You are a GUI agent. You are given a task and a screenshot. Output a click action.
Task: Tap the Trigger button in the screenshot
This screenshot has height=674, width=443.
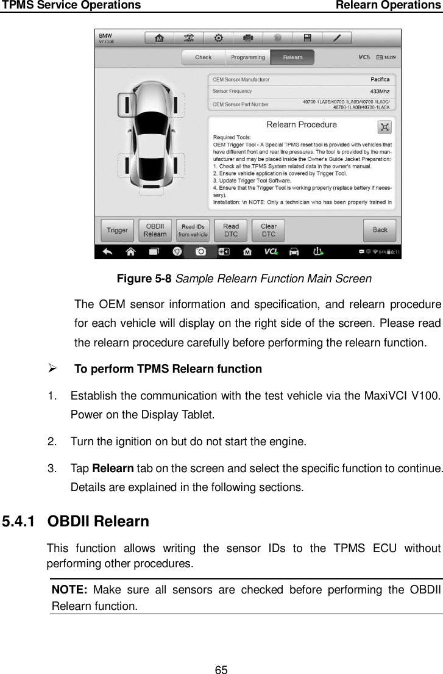[x=117, y=230]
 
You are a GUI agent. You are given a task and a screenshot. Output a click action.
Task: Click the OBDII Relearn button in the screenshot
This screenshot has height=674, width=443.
[x=155, y=230]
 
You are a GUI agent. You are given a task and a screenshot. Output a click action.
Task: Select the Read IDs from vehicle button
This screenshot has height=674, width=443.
[x=193, y=230]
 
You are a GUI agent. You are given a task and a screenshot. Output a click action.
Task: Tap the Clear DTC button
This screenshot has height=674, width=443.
[x=268, y=230]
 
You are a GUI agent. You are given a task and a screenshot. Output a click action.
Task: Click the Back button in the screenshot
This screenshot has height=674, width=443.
[x=380, y=230]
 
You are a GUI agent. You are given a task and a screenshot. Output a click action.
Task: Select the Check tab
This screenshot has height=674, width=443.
[x=203, y=57]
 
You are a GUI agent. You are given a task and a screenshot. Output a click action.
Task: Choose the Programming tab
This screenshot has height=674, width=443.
[x=247, y=57]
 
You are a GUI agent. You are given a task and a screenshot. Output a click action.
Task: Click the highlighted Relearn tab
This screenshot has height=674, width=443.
[x=292, y=57]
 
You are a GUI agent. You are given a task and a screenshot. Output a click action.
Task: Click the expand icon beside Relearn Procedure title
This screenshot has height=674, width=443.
[x=385, y=127]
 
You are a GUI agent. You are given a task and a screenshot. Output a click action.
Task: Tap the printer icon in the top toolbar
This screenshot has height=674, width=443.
[x=248, y=38]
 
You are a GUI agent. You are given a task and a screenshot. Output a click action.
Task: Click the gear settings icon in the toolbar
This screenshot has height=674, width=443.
[x=218, y=38]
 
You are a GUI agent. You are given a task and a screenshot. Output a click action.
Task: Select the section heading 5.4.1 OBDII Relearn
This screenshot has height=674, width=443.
[x=76, y=522]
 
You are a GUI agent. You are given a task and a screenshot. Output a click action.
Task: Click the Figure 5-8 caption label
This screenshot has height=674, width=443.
[x=144, y=279]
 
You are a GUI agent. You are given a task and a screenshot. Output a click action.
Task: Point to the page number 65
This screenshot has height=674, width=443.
[x=221, y=653]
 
